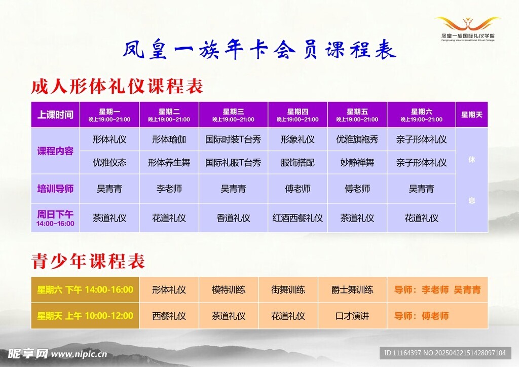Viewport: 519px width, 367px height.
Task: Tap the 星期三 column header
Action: tap(233, 115)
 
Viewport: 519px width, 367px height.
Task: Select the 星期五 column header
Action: tap(357, 115)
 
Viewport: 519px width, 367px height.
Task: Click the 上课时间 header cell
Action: tap(55, 115)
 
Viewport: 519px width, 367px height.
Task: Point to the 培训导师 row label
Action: tap(55, 189)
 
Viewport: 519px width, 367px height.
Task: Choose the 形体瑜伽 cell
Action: tap(169, 139)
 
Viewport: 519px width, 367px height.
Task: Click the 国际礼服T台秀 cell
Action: tap(233, 163)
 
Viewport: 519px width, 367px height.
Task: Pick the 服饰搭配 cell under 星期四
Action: tap(298, 163)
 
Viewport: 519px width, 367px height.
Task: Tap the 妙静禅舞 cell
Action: tap(357, 163)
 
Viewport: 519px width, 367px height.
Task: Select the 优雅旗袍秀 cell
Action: tap(357, 139)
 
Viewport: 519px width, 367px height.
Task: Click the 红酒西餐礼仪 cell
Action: tap(298, 218)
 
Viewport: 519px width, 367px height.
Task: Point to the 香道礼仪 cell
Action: tap(233, 218)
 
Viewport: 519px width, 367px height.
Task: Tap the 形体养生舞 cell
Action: tap(169, 163)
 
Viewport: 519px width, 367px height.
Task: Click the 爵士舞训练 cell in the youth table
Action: tap(352, 290)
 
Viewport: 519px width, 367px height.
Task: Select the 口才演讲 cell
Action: tap(352, 316)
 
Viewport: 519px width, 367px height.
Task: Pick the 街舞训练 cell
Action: tap(288, 290)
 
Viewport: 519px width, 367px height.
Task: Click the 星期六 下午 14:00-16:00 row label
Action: tap(85, 290)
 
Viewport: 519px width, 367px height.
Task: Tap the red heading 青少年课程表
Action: tap(88, 261)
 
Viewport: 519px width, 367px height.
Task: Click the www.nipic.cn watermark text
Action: tap(79, 354)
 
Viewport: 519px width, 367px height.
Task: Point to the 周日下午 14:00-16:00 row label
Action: tap(55, 218)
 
